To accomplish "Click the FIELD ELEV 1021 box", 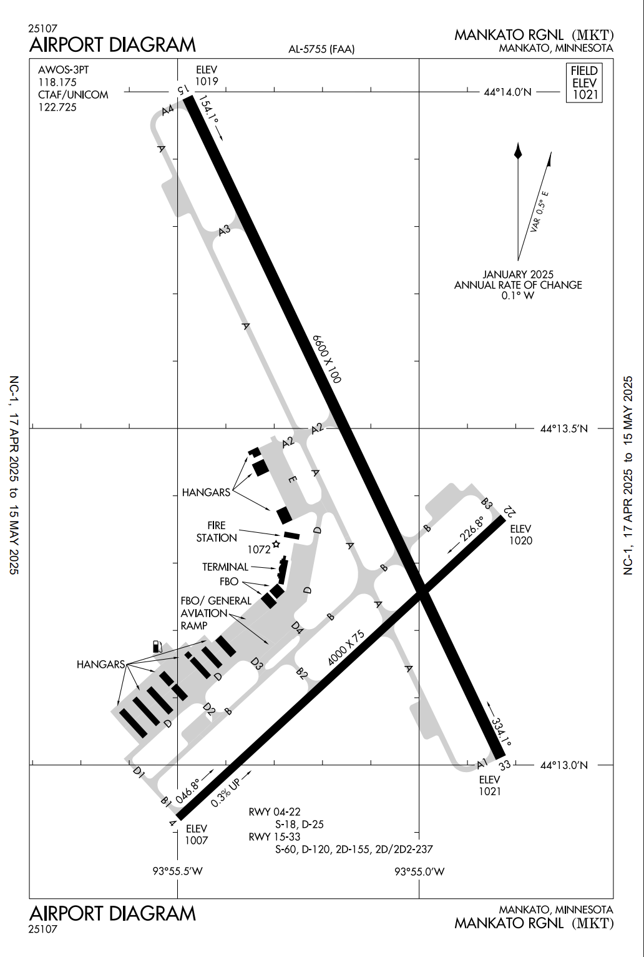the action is [584, 82].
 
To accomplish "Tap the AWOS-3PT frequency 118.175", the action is [57, 82].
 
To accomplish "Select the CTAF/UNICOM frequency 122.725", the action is [57, 107].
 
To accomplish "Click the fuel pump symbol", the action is [157, 647].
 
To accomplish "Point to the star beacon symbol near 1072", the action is [276, 544].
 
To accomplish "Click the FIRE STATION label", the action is [217, 532].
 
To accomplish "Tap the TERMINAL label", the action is [225, 567].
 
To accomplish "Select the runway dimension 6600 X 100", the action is [327, 359].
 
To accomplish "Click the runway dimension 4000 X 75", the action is [346, 648].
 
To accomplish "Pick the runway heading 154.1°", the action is [208, 109].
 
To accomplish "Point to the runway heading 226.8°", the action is [472, 528].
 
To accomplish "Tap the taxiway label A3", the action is [225, 231].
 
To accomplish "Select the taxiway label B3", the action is [487, 503].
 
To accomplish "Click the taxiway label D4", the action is [297, 628].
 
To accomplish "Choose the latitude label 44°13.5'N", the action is [563, 429].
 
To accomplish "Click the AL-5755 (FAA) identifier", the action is [321, 49].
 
